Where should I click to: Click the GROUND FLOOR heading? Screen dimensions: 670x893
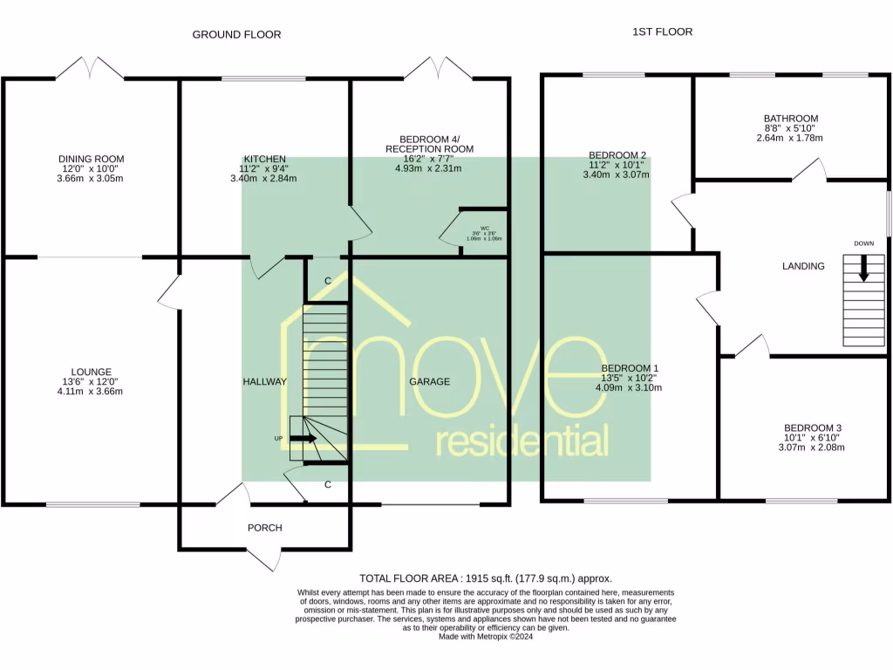[236, 35]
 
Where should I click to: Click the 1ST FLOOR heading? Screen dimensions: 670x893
[662, 31]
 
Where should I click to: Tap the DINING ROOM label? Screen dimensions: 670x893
[92, 159]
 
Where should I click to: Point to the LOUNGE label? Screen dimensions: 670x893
[92, 372]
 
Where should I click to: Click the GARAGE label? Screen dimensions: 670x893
[430, 382]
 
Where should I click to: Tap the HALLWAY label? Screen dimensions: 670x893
[265, 382]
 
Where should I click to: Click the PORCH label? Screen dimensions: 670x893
[265, 528]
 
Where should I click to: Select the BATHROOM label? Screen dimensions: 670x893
[790, 119]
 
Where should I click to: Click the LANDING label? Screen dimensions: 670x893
[803, 266]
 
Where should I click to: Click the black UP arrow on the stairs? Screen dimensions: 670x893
[303, 439]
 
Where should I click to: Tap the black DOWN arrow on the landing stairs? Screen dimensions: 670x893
[863, 267]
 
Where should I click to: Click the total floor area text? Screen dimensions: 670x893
[486, 578]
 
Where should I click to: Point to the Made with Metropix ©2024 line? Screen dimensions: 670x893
[485, 637]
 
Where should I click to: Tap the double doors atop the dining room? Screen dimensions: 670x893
[91, 68]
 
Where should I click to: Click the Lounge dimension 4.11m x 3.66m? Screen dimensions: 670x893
[92, 392]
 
